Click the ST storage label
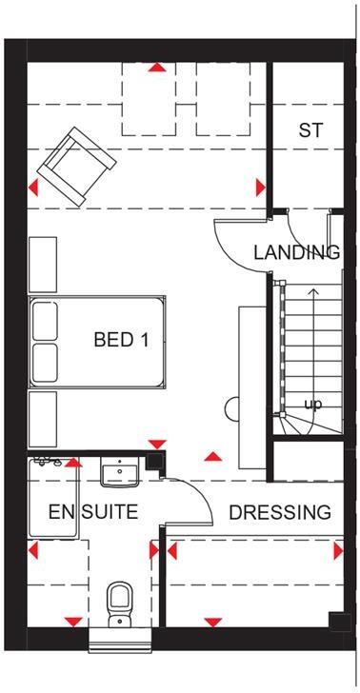[310, 131]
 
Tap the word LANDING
[296, 252]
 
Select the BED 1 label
[121, 340]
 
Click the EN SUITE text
[93, 512]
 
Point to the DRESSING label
[280, 512]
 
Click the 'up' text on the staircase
[311, 405]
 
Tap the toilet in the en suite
[119, 604]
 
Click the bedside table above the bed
[44, 264]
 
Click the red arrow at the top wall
[156, 69]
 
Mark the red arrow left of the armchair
[35, 187]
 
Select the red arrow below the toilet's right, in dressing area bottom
[212, 622]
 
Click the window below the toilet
[120, 639]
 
